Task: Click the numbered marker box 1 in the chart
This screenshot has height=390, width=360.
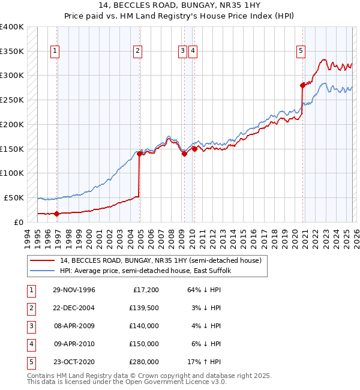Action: pos(55,52)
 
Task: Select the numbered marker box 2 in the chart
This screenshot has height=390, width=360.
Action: pos(137,52)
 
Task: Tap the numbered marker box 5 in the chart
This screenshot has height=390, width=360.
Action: pos(300,52)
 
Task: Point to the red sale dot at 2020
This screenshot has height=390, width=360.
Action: pos(302,85)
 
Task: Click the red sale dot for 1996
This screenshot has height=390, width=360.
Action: pos(57,214)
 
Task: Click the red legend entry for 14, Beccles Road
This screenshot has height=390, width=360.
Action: pos(160,261)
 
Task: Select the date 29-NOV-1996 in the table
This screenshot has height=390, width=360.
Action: pos(74,290)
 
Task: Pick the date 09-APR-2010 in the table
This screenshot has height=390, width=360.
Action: pos(74,344)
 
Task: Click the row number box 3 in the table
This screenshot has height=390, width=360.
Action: pos(30,326)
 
